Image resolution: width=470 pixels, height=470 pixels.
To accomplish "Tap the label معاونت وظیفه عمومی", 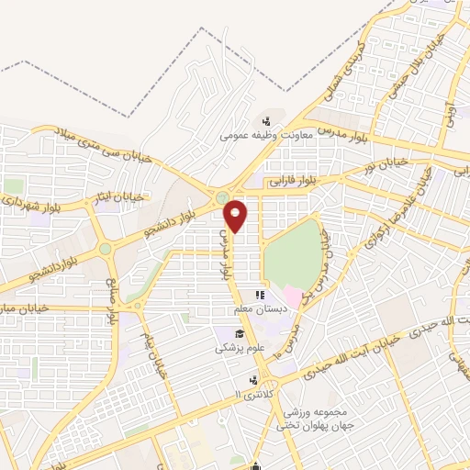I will [266, 136].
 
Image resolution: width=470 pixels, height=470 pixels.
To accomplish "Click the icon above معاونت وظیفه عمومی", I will [266, 120].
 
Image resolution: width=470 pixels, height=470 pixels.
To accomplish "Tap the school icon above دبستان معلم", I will [260, 296].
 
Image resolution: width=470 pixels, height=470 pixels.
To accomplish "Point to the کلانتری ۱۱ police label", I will [250, 395].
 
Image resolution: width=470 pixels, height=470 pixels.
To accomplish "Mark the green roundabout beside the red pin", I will [220, 196].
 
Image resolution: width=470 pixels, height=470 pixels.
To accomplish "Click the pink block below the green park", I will [291, 297].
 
